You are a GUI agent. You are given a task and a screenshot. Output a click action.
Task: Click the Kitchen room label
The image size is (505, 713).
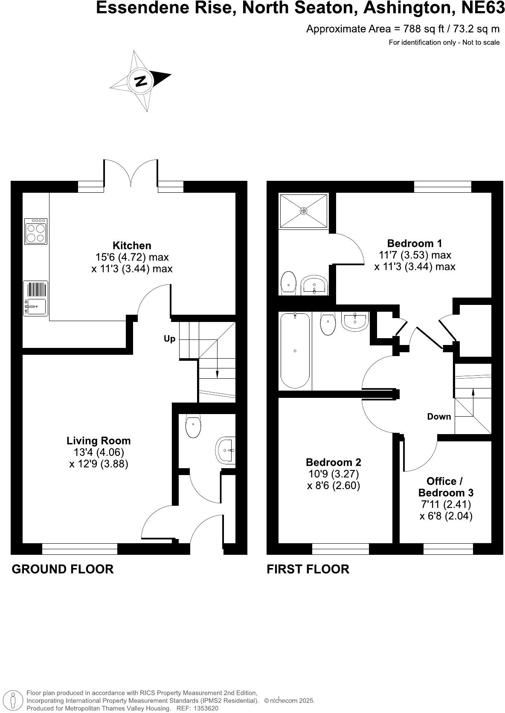[132, 246]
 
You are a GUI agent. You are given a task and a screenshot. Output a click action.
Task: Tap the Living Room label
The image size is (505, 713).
[99, 441]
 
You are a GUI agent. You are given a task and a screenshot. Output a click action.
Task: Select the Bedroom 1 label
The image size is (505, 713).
[414, 243]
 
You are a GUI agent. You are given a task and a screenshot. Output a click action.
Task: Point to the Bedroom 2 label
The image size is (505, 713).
[334, 462]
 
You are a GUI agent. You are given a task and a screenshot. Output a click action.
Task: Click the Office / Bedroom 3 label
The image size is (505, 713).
[445, 487]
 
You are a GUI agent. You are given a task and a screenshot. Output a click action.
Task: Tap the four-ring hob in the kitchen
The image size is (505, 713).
[36, 231]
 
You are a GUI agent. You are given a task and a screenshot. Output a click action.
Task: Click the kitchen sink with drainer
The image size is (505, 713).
[35, 298]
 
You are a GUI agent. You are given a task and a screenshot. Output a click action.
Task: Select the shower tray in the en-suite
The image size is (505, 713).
[303, 211]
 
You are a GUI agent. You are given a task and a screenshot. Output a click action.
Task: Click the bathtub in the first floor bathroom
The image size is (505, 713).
[295, 351]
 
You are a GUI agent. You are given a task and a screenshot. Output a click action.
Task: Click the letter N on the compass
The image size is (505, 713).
[140, 81]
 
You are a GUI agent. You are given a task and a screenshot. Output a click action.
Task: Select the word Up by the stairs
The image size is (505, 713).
[169, 339]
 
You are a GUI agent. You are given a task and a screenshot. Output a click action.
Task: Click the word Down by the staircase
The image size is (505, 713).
[439, 417]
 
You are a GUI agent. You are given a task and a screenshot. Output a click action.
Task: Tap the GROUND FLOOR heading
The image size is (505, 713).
[62, 569]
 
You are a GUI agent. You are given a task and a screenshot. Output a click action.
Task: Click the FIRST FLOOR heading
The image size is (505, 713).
[308, 569]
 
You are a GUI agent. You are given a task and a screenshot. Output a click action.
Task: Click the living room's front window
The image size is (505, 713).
[79, 549]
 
